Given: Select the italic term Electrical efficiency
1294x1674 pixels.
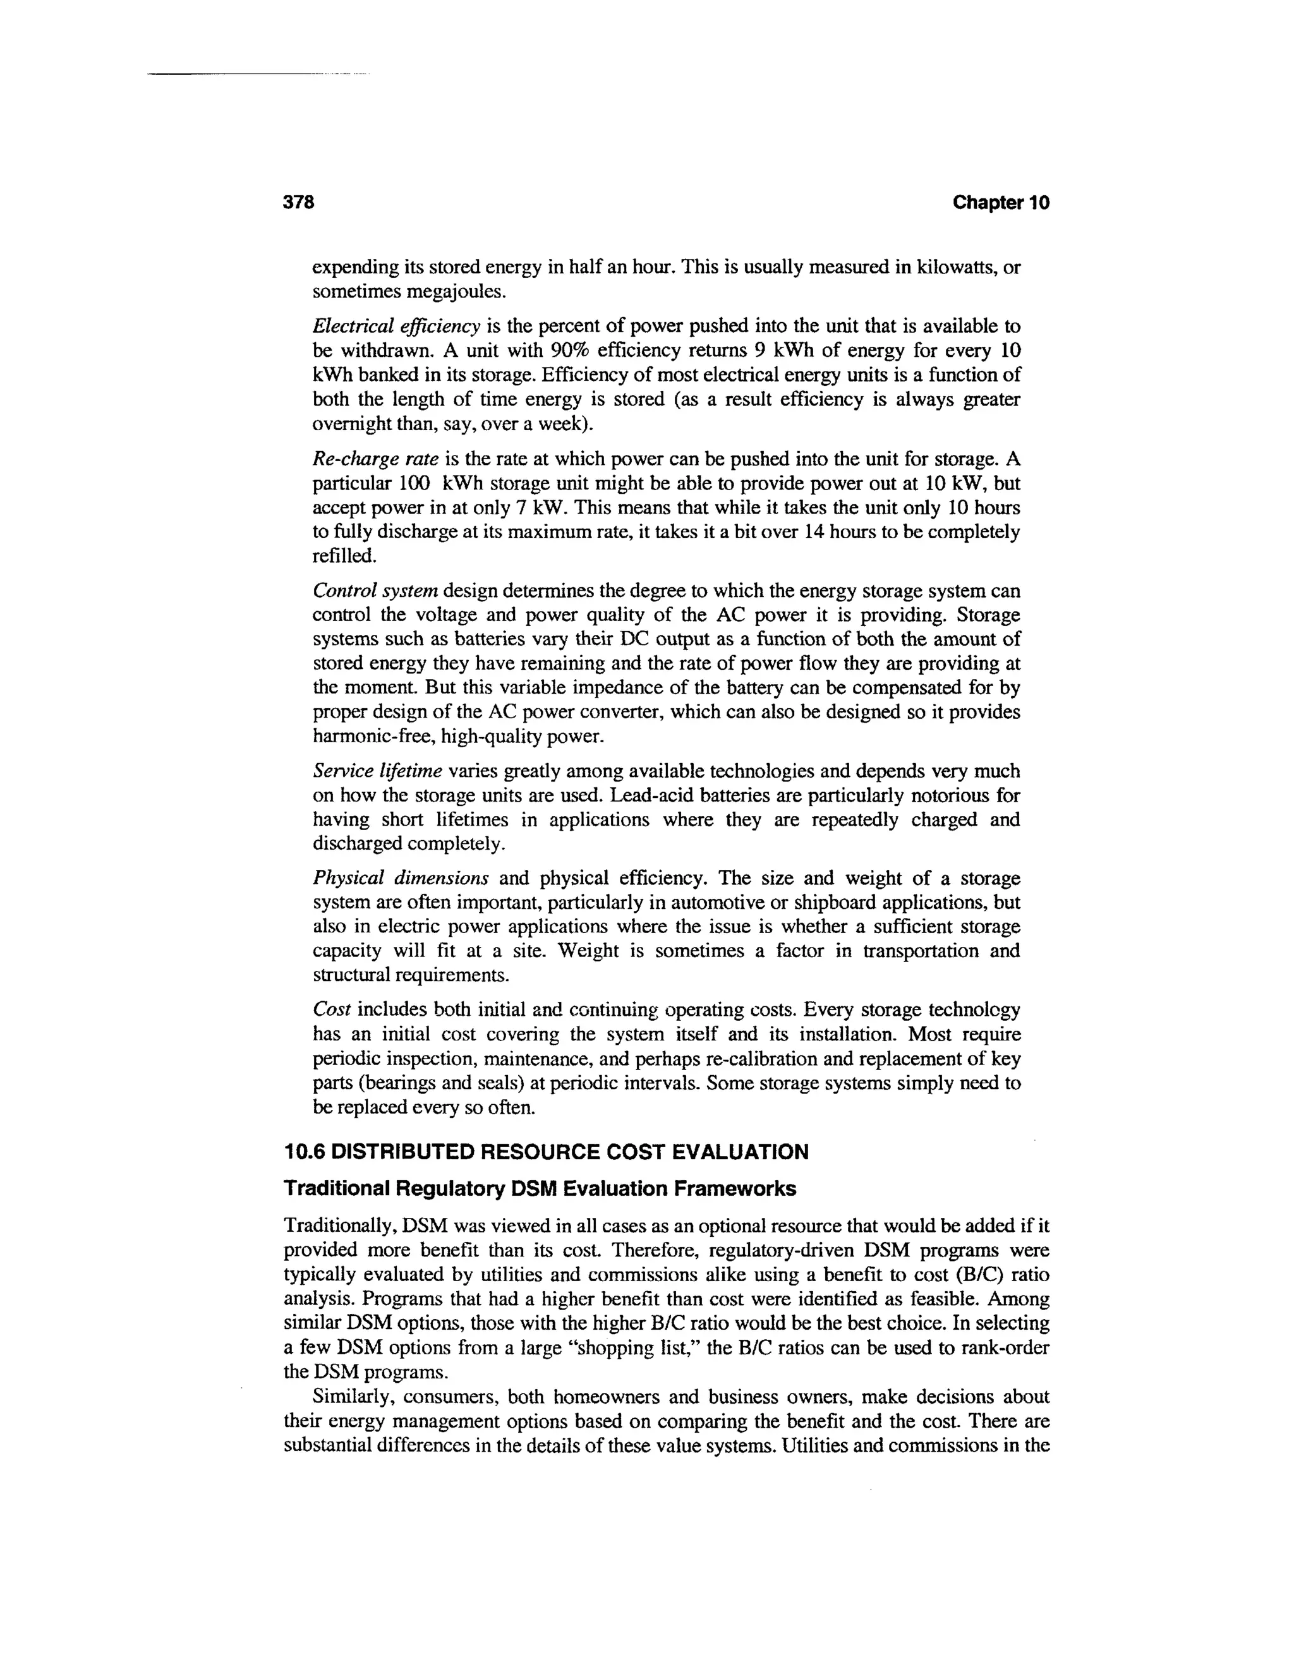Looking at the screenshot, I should pyautogui.click(x=396, y=327).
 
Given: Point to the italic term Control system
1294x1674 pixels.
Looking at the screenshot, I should pyautogui.click(x=375, y=591).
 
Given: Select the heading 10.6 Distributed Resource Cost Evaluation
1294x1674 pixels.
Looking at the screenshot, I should pyautogui.click(x=546, y=1152).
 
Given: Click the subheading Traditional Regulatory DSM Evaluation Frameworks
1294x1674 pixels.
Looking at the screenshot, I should pyautogui.click(x=540, y=1189).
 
